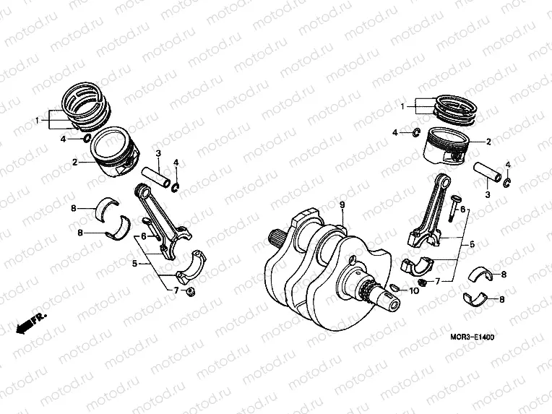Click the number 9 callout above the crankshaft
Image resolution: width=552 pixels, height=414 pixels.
point(344,204)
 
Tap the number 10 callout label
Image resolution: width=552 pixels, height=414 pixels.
point(414,291)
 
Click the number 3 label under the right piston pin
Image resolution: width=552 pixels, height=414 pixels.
point(487,194)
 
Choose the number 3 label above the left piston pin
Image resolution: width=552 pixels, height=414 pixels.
point(158,153)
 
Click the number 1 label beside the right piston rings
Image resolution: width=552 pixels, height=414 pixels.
point(403,106)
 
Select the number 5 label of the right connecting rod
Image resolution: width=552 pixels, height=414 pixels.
point(472,245)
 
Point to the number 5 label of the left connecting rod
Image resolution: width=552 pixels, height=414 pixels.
point(134,264)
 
